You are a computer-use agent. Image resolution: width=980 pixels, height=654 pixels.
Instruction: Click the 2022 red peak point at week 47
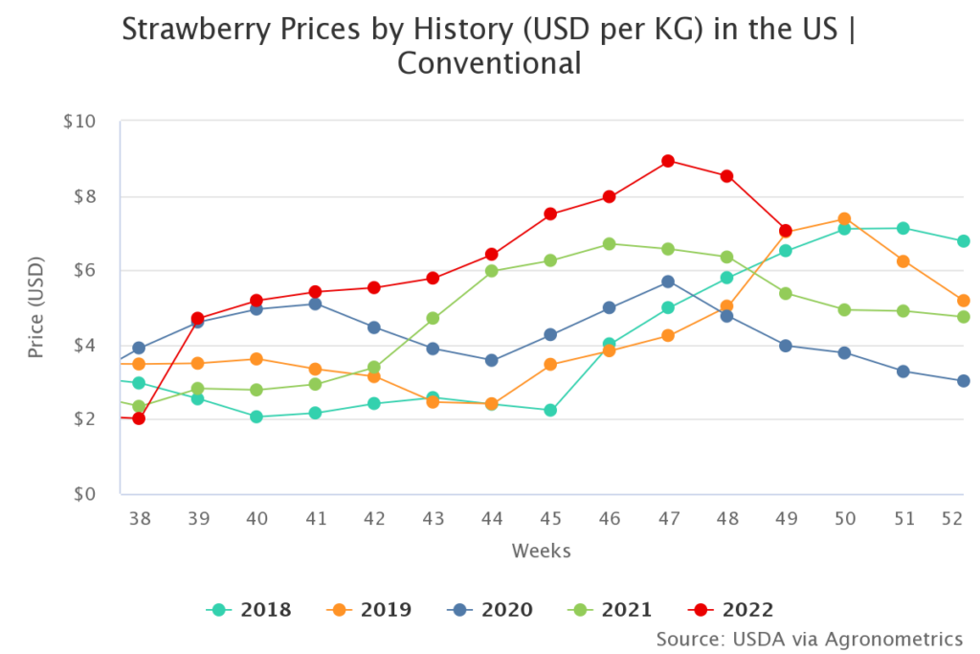tap(668, 161)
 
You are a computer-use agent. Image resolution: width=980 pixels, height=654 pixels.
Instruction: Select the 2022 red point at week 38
tap(139, 418)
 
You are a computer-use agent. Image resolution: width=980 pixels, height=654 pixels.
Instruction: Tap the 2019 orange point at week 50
tap(844, 219)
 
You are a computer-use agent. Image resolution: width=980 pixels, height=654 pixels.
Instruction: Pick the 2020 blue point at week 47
tap(668, 282)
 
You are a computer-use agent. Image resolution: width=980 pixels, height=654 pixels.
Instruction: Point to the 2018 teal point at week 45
tap(550, 410)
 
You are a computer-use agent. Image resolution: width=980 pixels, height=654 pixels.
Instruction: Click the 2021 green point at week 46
tap(609, 244)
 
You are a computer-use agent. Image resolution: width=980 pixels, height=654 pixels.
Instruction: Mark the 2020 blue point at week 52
tap(963, 381)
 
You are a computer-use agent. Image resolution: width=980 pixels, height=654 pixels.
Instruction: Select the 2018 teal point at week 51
tap(902, 228)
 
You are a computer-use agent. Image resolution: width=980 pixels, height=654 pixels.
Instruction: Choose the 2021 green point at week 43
tap(433, 318)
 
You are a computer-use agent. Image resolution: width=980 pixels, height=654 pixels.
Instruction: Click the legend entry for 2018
tap(249, 609)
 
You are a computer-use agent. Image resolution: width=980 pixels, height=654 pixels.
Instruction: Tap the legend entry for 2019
tap(369, 609)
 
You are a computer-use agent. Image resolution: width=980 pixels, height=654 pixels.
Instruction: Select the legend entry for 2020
tap(490, 609)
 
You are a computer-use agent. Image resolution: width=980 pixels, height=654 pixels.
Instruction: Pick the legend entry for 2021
tap(610, 609)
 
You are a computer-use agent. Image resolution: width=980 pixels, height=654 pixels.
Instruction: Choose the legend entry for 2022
tap(730, 609)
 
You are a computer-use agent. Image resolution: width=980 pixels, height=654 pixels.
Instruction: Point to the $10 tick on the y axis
tap(79, 122)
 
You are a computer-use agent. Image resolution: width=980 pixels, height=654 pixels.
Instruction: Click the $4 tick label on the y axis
tap(83, 345)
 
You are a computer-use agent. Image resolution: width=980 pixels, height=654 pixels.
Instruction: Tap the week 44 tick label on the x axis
tap(491, 517)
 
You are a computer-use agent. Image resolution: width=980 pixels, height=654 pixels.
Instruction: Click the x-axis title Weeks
tap(541, 551)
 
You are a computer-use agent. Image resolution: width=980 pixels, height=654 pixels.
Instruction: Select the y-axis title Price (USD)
tap(35, 307)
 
